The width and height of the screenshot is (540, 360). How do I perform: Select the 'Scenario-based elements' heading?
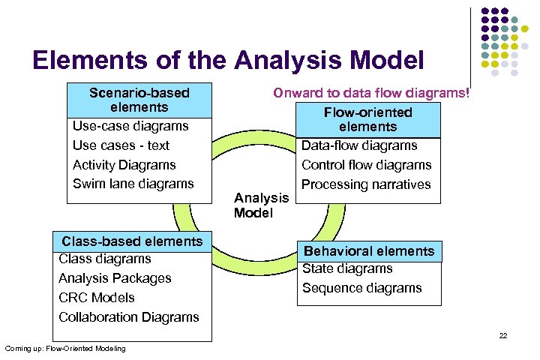click(139, 100)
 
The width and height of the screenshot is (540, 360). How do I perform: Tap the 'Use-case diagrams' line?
click(130, 126)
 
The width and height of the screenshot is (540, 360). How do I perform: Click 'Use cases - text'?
click(121, 145)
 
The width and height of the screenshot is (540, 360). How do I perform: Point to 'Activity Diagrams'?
click(124, 165)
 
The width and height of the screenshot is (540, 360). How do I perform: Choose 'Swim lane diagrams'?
click(133, 184)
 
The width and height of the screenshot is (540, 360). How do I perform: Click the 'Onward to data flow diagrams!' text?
click(372, 94)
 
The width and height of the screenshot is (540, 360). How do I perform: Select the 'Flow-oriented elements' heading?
click(367, 119)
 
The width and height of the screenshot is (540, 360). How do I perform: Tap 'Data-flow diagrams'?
click(359, 145)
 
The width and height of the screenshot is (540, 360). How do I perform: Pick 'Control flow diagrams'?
click(366, 165)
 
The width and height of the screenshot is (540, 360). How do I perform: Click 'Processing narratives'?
click(366, 184)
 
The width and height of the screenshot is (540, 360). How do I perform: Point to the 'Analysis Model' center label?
click(261, 205)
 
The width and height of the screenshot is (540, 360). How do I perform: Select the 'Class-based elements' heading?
click(132, 241)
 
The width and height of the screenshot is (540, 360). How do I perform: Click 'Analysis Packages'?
click(115, 278)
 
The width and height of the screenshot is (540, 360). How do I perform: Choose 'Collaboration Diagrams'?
click(129, 317)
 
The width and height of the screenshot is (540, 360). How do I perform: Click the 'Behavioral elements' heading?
click(368, 251)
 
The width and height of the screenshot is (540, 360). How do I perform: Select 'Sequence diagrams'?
click(361, 288)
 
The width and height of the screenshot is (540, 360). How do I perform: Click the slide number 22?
click(503, 335)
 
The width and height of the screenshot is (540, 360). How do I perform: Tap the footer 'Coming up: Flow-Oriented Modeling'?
click(65, 349)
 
